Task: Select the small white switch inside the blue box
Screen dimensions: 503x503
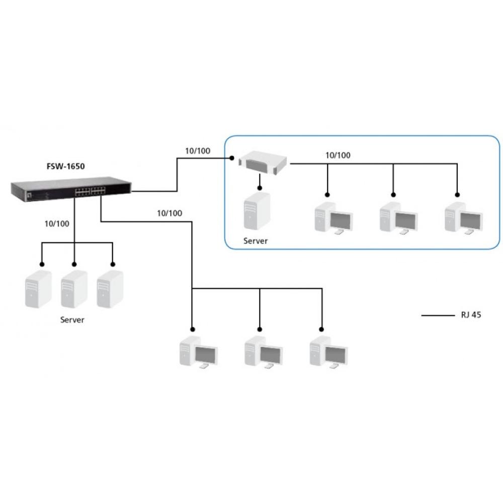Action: pos(264,162)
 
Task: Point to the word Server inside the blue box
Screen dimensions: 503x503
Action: pos(256,241)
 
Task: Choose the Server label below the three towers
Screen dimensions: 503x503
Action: pos(72,320)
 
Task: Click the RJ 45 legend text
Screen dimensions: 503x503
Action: pos(471,316)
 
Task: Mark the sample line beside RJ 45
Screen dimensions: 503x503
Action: pos(437,316)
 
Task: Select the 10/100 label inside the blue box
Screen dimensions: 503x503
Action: pos(338,155)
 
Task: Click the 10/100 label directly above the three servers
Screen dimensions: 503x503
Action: pos(57,223)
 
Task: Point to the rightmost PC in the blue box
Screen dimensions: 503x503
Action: pos(463,217)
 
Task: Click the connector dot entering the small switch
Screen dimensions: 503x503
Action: pos(232,158)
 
